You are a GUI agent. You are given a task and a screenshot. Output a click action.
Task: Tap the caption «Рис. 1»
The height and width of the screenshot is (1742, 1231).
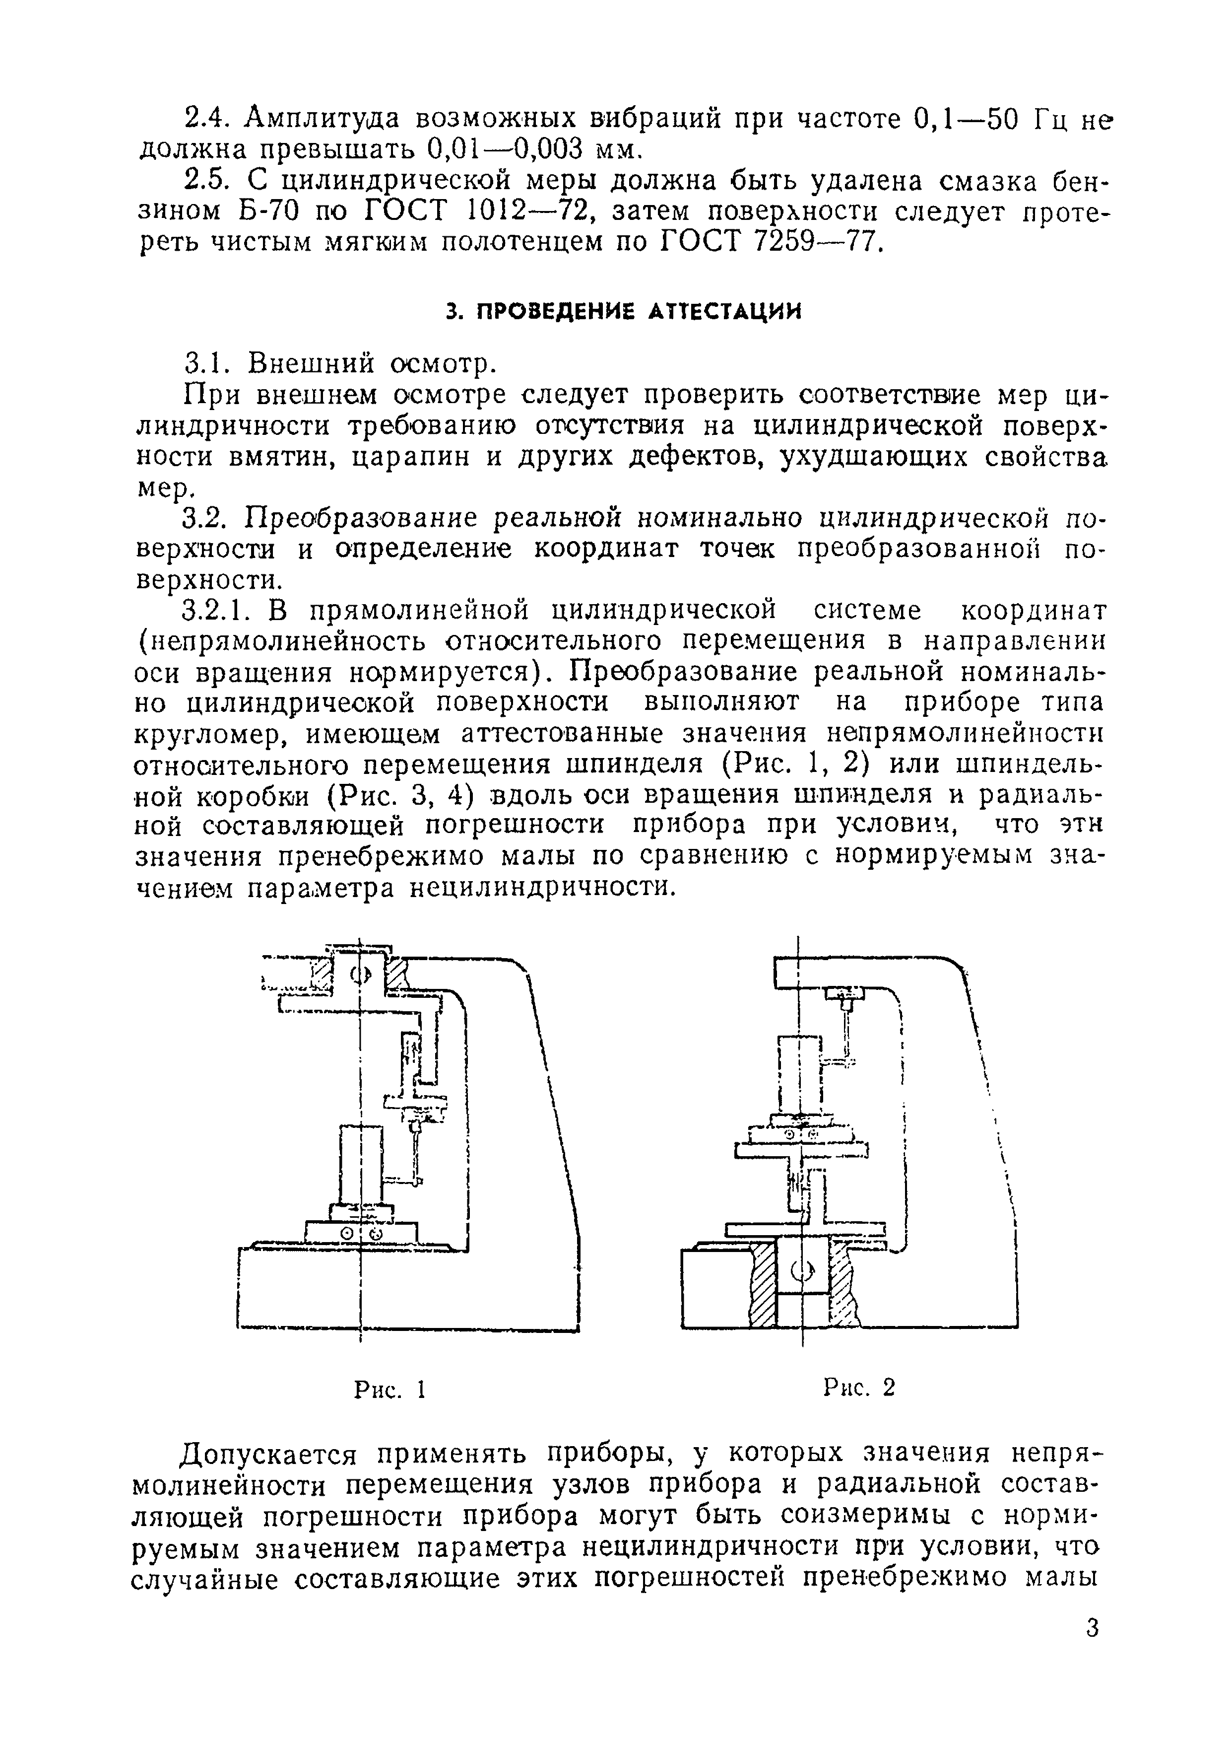(x=389, y=1389)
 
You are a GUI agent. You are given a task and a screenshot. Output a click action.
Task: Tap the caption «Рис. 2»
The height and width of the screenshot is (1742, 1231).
(x=859, y=1388)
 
